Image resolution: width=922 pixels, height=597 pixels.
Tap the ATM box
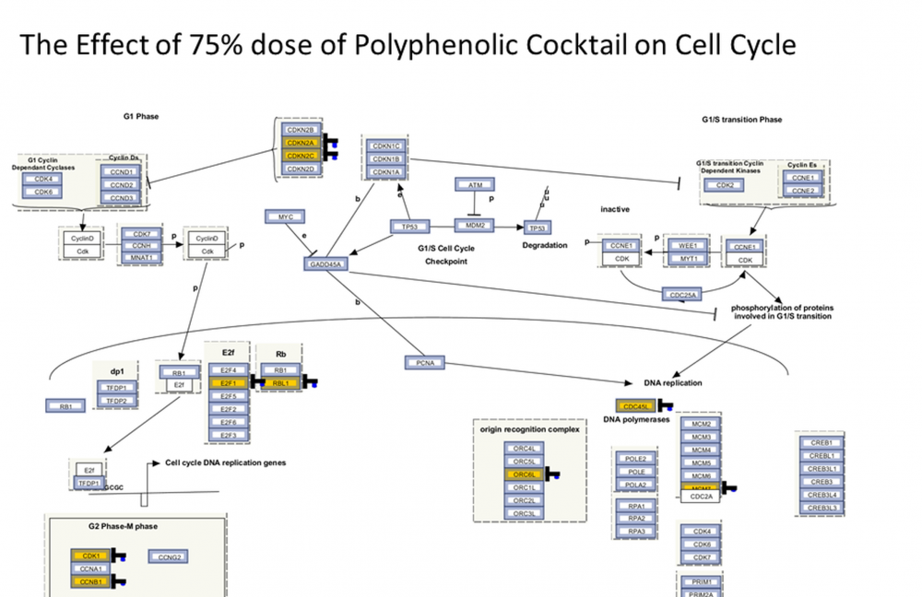pos(475,184)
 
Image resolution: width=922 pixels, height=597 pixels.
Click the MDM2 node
pos(475,225)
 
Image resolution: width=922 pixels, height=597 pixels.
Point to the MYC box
pos(285,217)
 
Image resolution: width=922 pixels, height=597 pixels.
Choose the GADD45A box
pos(325,264)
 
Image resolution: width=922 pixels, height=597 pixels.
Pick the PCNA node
pos(425,363)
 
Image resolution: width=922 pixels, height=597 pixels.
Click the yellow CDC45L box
pos(635,405)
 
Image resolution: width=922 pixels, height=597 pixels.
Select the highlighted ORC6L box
pos(525,474)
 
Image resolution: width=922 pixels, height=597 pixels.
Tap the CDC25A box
pos(682,294)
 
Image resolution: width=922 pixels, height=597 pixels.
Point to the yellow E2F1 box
pos(228,382)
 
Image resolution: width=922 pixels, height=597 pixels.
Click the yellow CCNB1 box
pos(90,581)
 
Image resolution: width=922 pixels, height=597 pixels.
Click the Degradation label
pos(545,245)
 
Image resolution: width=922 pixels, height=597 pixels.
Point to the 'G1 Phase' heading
pos(142,116)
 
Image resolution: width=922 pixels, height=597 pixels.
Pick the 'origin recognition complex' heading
pos(529,428)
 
